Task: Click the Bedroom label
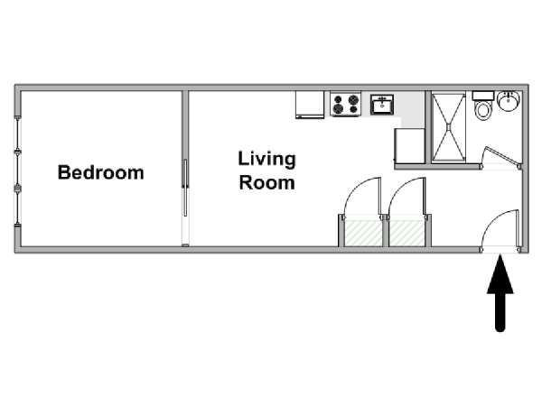pos(100,172)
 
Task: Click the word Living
pos(266,160)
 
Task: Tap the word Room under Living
pos(266,182)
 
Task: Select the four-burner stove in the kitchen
pos(345,105)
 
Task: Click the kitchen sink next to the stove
pos(382,105)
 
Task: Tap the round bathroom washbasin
pos(508,101)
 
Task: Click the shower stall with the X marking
pos(448,127)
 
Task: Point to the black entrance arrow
pos(500,292)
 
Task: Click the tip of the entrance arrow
pos(500,254)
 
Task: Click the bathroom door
pos(502,156)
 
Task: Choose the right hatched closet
pos(406,234)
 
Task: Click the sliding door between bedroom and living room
pos(185,188)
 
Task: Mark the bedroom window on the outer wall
pos(17,171)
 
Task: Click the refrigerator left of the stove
pos(310,105)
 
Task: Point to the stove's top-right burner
pos(353,99)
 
